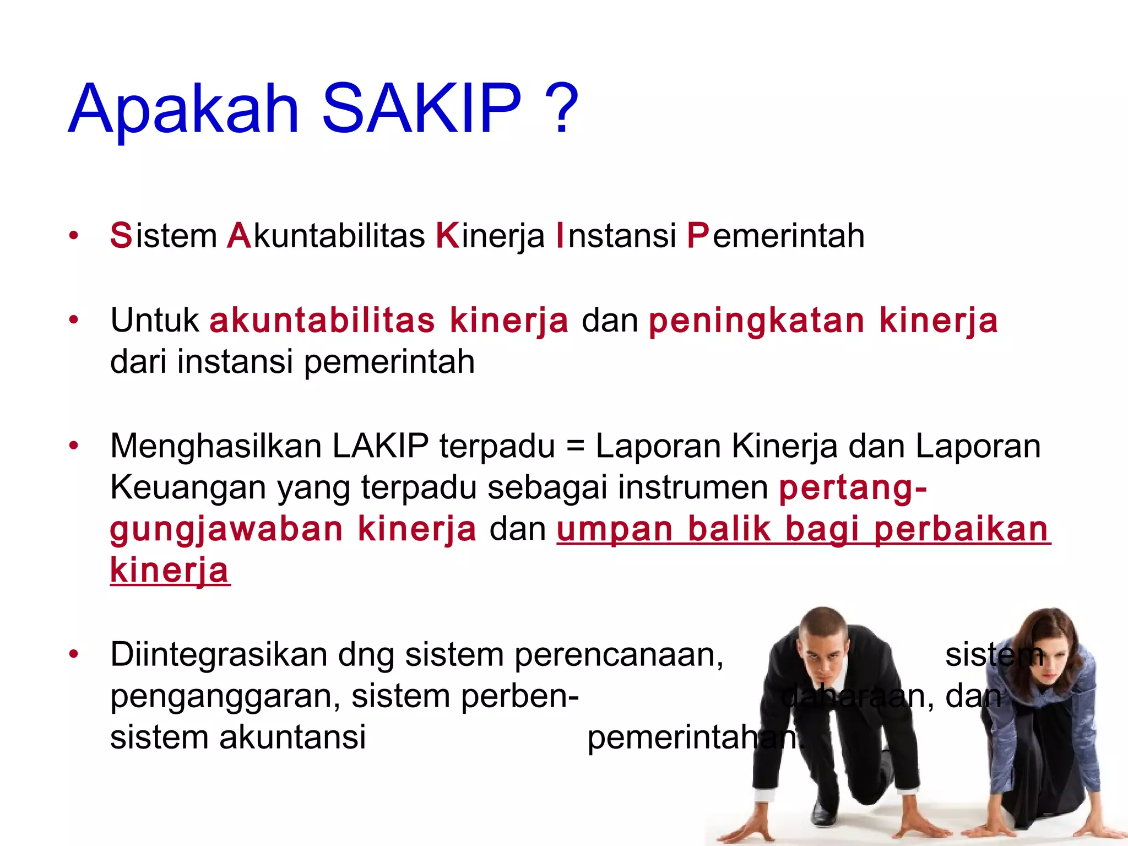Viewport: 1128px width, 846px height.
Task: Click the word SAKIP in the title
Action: pos(421,108)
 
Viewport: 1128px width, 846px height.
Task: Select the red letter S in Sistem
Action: pos(121,236)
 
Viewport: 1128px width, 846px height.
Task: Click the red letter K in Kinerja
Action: pos(447,236)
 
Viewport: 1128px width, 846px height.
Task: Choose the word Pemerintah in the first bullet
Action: pos(775,236)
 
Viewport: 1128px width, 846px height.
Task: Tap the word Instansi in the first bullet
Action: pos(616,236)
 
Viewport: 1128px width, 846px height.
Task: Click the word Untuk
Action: pos(155,320)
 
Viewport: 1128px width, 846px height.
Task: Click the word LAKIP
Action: pos(381,446)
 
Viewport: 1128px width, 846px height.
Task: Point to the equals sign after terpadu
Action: pos(575,446)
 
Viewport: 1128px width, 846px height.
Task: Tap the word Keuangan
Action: pos(188,487)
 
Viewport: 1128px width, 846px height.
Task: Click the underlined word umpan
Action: pos(615,530)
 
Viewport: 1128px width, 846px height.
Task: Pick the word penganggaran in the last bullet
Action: pos(225,697)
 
